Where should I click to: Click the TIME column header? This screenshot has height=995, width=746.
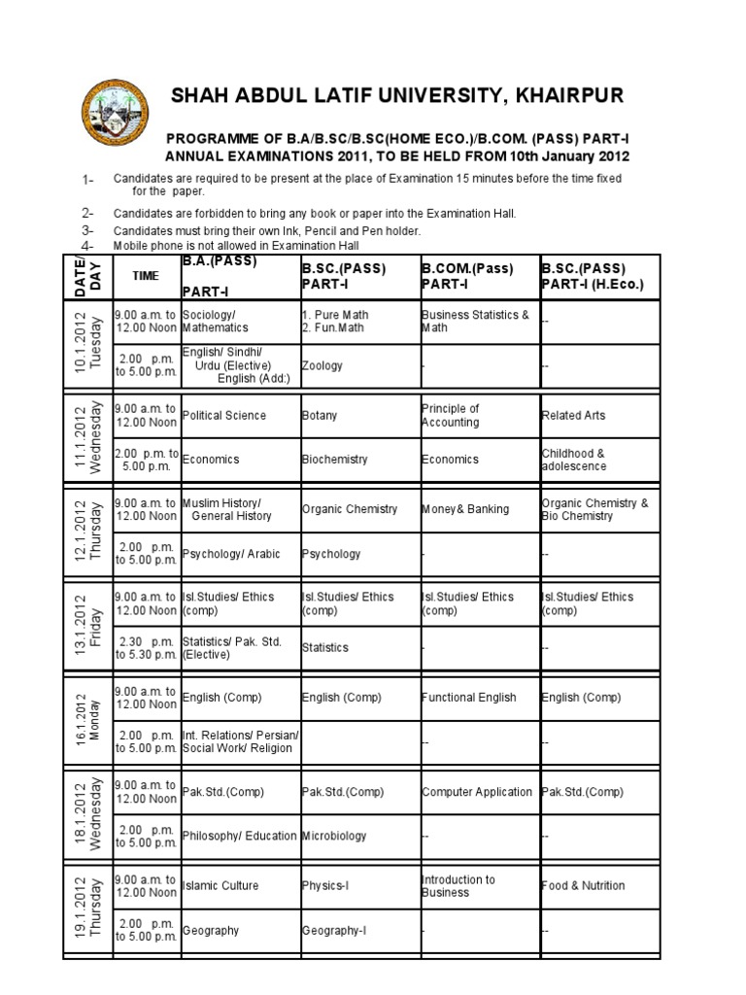(x=146, y=276)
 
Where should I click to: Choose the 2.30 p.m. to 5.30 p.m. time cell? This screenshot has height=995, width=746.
(x=146, y=647)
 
